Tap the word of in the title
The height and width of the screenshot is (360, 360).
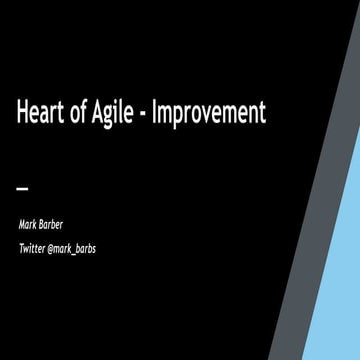(x=81, y=114)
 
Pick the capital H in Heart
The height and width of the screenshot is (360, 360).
(x=23, y=114)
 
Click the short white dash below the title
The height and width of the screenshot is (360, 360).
(x=23, y=188)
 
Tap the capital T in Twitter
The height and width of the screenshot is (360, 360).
(x=20, y=248)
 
